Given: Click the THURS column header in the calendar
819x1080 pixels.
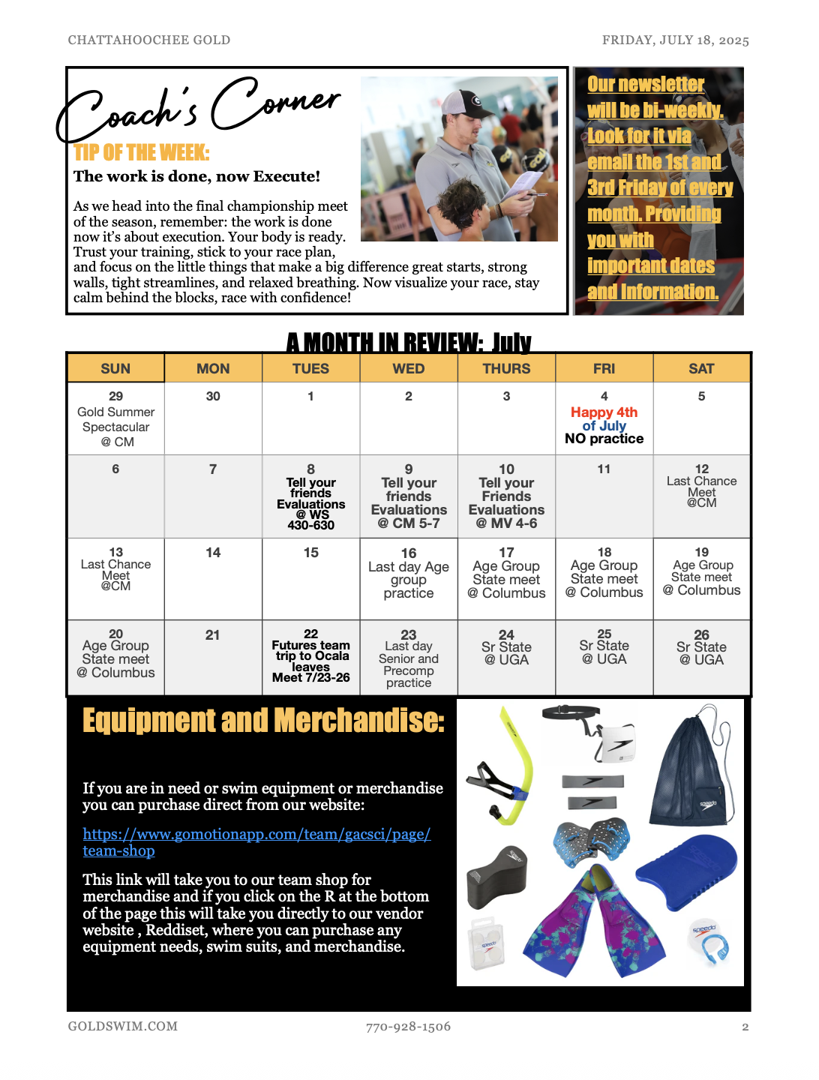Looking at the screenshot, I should click(506, 368).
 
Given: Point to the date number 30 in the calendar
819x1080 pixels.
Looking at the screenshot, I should click(213, 396).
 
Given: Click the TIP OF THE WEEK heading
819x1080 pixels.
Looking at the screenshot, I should click(142, 153).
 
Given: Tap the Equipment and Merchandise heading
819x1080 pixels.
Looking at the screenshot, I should click(263, 721).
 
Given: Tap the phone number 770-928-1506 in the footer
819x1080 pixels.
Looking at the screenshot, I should click(408, 1027).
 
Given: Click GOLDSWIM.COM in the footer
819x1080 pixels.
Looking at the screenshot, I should click(123, 1027).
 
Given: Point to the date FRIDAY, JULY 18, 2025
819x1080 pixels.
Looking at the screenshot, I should click(675, 40).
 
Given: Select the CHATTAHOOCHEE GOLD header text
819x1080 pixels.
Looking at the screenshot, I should click(149, 40).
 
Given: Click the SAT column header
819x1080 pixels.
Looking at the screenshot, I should click(701, 368).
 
